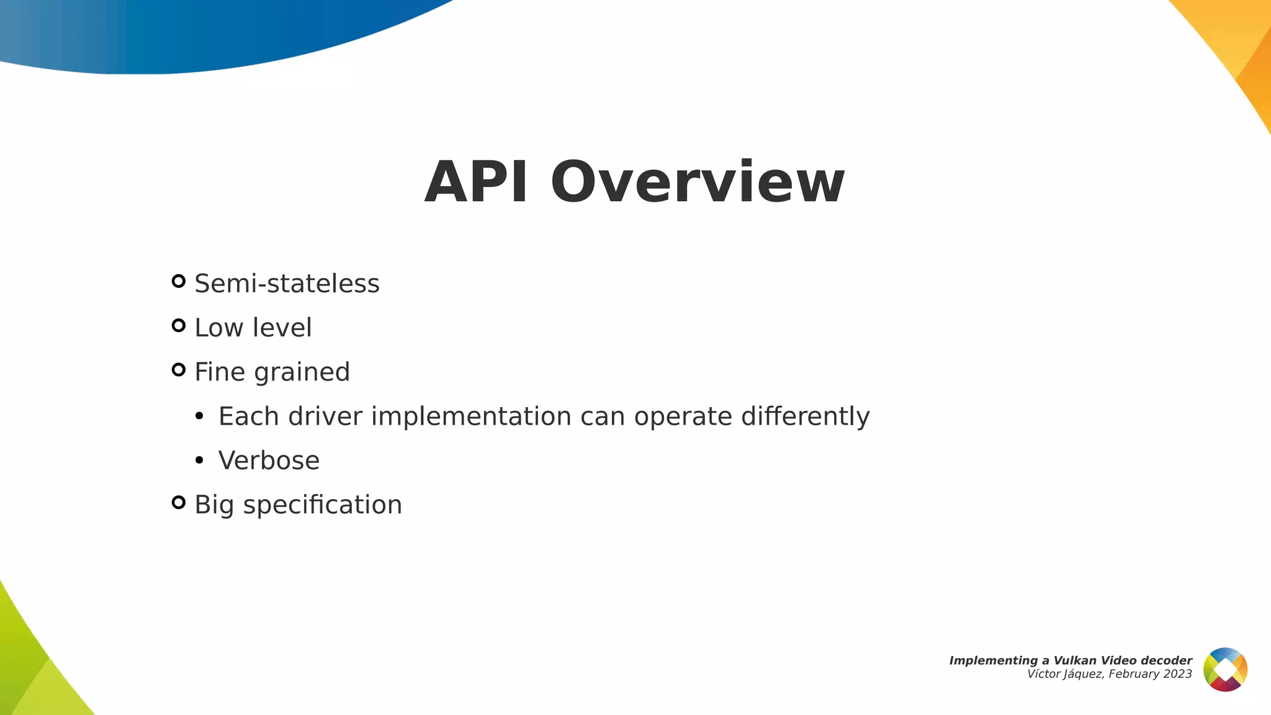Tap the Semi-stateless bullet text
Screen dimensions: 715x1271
point(287,284)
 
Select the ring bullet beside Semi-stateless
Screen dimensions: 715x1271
point(179,281)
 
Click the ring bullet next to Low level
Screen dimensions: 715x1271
point(179,326)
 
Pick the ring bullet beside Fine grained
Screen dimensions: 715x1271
point(179,370)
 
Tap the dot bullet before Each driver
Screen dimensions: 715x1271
point(199,416)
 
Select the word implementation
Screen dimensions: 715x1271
point(471,416)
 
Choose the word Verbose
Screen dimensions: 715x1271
point(269,461)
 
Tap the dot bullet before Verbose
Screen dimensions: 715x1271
point(199,461)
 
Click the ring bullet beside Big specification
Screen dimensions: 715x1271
point(179,502)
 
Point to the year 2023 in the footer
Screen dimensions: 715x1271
point(1178,674)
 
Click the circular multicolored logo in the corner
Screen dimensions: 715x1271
point(1225,669)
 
